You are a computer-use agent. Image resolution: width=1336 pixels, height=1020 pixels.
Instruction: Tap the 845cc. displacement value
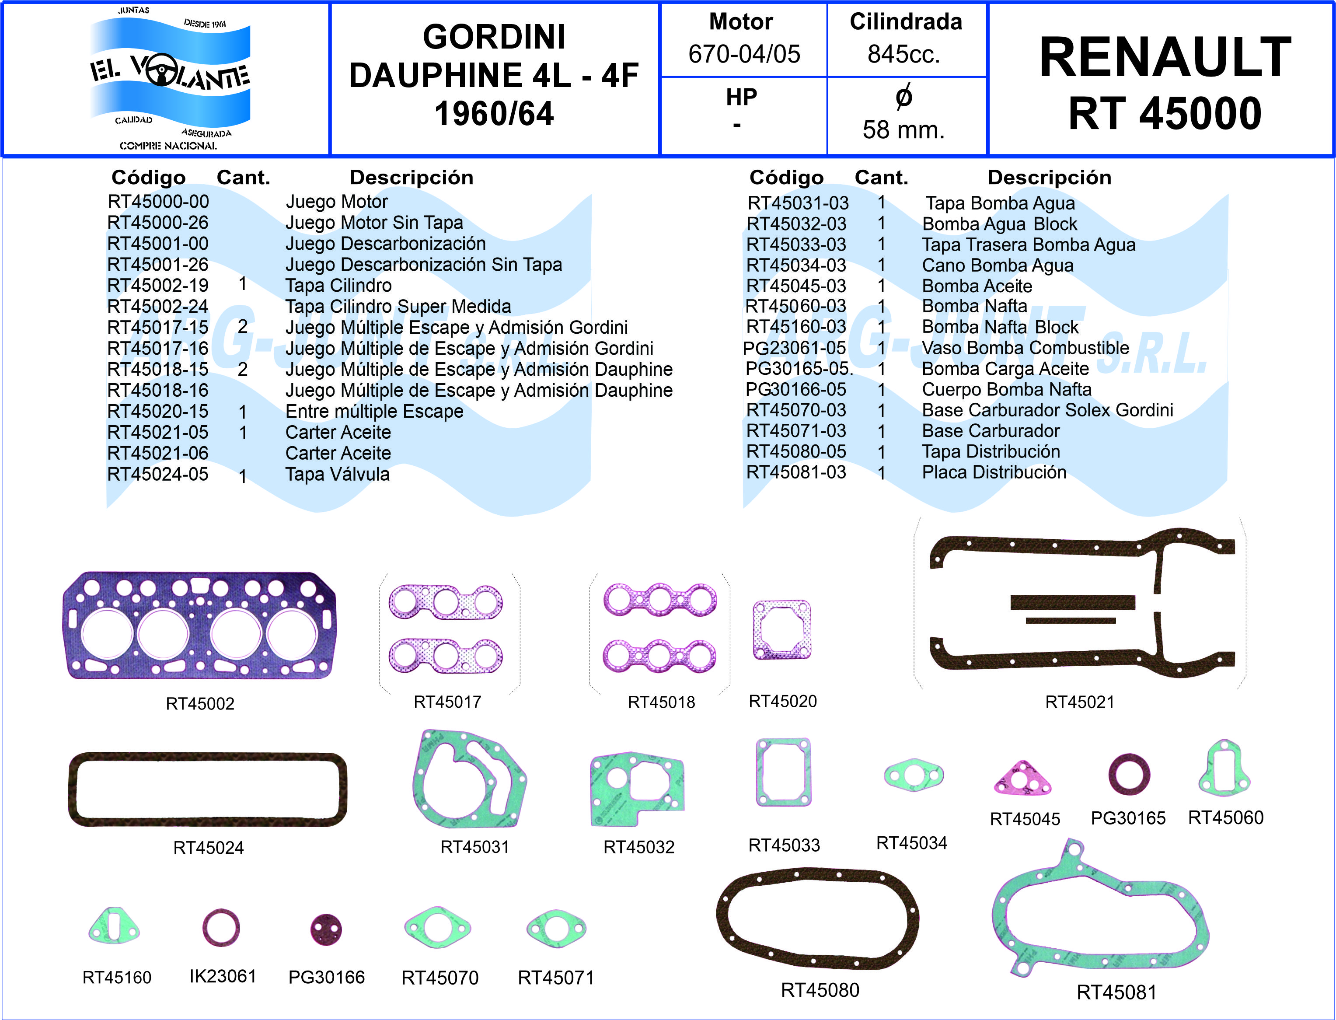(x=904, y=54)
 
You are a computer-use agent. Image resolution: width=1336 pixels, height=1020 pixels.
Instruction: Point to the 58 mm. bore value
(x=904, y=130)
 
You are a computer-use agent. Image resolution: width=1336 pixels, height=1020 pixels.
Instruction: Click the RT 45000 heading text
(x=1164, y=114)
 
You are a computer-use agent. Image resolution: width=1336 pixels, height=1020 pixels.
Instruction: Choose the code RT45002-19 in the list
(x=158, y=285)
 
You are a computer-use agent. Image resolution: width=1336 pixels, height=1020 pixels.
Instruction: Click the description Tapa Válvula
(x=338, y=474)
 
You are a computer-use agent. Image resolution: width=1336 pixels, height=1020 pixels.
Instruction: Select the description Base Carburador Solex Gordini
(x=1047, y=410)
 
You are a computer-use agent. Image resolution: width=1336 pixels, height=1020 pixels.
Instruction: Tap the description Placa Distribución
(x=994, y=472)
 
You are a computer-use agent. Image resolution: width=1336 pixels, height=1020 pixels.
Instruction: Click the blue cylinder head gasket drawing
(x=199, y=625)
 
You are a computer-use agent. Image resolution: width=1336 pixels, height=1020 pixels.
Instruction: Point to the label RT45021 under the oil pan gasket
(x=1079, y=702)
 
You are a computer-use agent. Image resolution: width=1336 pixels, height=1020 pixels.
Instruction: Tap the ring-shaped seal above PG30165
(x=1128, y=775)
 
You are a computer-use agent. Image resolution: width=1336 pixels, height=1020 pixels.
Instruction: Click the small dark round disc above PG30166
(x=326, y=929)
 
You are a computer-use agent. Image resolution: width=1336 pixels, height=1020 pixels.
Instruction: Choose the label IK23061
(x=223, y=976)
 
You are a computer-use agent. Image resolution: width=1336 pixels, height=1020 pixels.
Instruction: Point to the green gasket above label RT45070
(x=438, y=927)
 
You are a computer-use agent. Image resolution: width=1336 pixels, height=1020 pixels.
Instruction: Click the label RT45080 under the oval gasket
(x=820, y=990)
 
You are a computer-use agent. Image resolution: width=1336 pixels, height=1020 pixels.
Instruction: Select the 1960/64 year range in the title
(x=494, y=114)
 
